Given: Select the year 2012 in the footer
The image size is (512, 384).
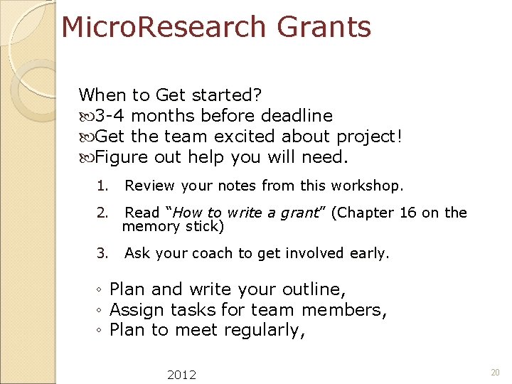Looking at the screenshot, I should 182,374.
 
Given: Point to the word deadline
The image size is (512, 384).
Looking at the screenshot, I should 297,115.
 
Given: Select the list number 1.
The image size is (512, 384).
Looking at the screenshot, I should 102,186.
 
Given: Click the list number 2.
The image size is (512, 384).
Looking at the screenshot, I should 102,213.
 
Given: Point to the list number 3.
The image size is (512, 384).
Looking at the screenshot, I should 102,253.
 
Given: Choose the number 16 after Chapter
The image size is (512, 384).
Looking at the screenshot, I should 408,213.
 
